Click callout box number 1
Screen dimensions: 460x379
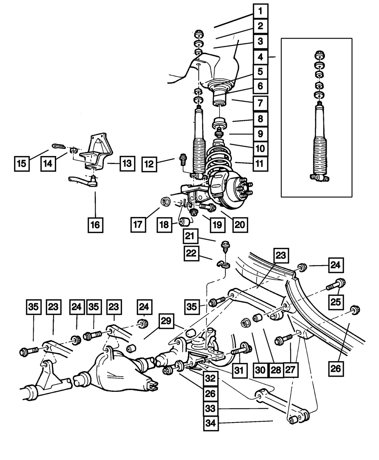(x=260, y=11)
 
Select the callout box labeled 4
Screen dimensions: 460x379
(x=260, y=58)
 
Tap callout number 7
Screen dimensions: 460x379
(x=260, y=103)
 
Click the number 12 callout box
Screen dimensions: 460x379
(x=150, y=164)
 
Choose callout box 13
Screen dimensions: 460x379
(x=127, y=164)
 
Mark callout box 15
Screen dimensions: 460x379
(x=22, y=164)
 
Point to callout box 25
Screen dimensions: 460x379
(x=335, y=302)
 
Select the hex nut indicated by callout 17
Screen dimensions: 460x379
(x=165, y=201)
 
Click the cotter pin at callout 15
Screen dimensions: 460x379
(x=58, y=146)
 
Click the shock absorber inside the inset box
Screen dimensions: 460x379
(x=320, y=140)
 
